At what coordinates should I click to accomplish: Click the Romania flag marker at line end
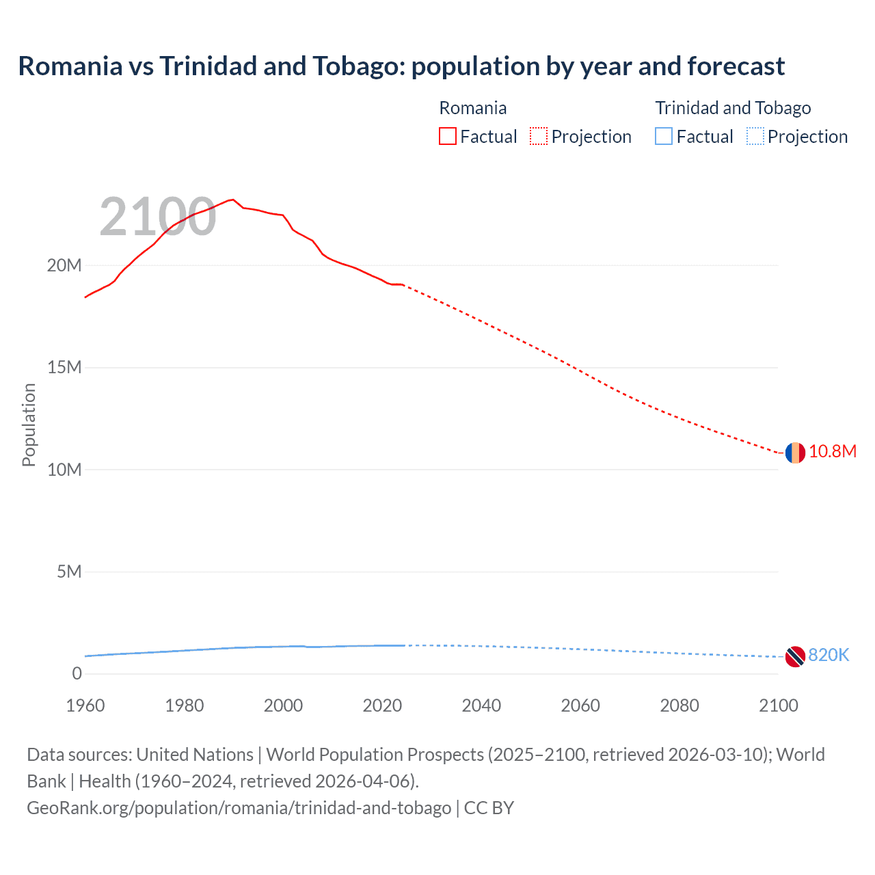pos(794,453)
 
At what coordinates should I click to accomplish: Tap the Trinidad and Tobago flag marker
pos(794,656)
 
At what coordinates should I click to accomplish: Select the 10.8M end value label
pos(832,452)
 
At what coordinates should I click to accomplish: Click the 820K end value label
pos(828,656)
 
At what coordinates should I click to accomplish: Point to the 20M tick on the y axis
pos(64,265)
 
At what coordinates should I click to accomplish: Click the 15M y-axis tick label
pos(64,368)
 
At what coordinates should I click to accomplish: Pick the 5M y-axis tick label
pos(68,571)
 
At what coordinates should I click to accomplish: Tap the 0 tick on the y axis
pos(77,674)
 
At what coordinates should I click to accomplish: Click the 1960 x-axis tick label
pos(85,705)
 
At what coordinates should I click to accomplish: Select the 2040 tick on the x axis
pos(481,705)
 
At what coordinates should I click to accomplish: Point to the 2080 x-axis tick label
pos(679,705)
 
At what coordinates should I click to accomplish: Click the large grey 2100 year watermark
pos(158,217)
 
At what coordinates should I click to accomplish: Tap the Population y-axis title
pos(29,425)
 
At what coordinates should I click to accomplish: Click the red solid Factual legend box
pos(448,137)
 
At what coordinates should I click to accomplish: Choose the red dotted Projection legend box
pos(539,137)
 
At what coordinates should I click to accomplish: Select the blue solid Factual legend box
pos(664,137)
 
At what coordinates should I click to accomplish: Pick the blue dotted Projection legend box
pos(755,137)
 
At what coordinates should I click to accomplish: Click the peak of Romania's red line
pos(233,200)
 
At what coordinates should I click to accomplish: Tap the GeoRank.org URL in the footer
pos(239,808)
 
